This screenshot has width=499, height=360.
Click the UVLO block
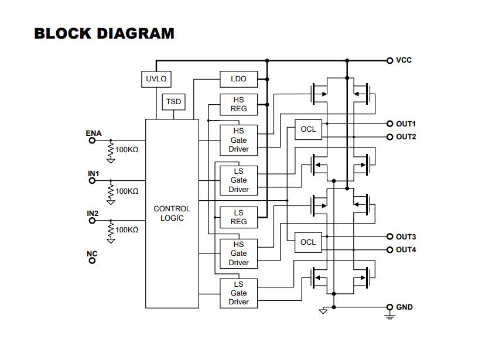156,79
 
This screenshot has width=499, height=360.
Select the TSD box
173,102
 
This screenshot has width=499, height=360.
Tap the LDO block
239,79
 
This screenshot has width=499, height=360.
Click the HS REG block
239,104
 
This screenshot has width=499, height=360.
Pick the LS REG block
239,217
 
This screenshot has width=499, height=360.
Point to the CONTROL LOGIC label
172,214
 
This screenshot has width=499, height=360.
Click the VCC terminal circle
390,60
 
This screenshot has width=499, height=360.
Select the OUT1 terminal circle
390,124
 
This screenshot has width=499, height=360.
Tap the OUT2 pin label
406,137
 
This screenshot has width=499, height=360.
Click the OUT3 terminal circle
390,236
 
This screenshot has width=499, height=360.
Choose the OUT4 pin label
406,250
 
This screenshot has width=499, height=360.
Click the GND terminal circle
390,307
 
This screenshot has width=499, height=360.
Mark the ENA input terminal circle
93,140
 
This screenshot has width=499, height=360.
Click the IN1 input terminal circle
93,181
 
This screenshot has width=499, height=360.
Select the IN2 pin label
93,214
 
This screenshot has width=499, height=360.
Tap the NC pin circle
93,260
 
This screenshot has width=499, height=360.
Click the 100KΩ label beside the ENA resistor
127,150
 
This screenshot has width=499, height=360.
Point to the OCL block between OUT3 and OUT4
308,242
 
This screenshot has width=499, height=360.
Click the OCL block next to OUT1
308,129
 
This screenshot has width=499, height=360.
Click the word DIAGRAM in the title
135,33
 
